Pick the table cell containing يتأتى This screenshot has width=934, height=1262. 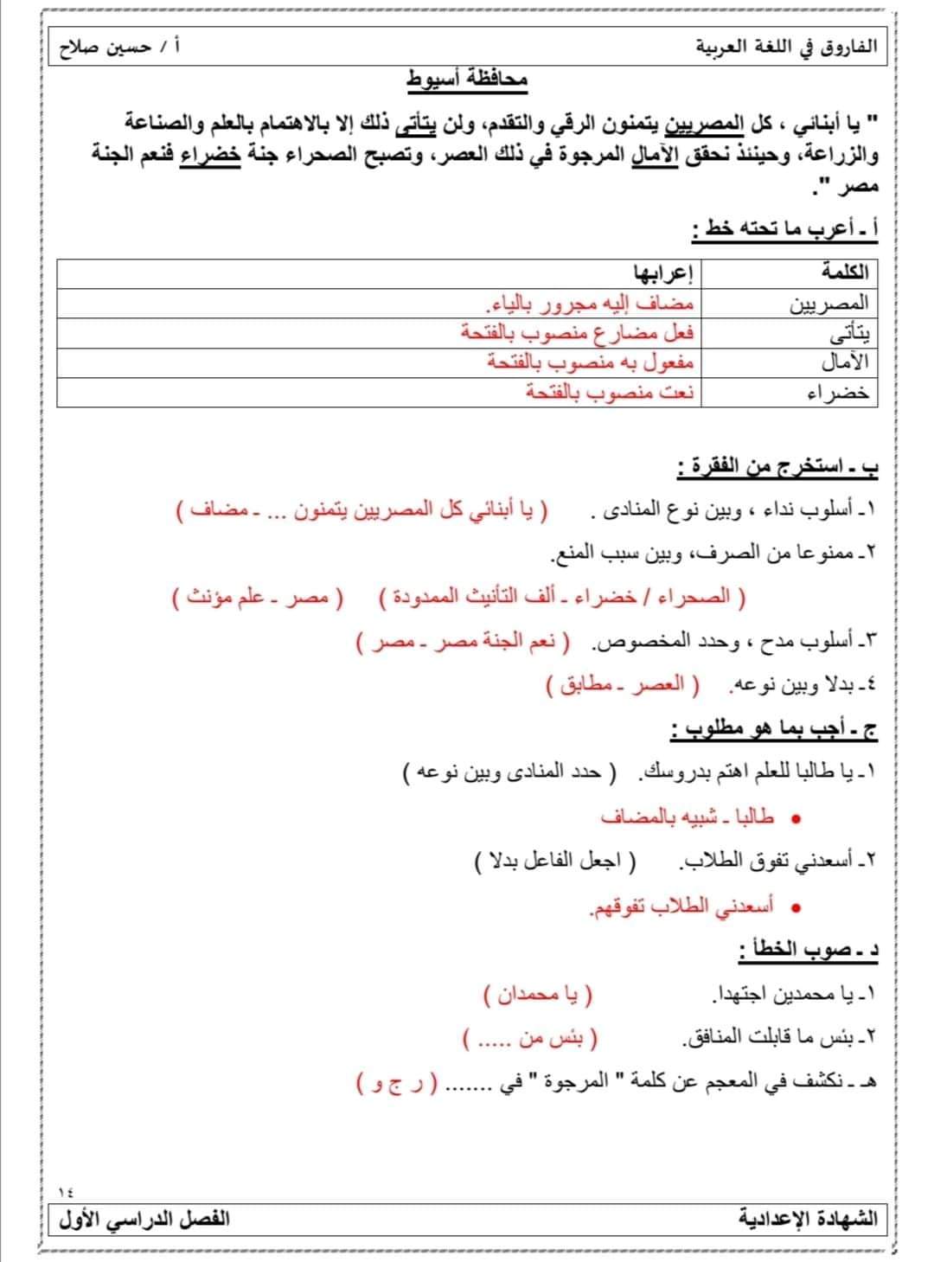point(843,333)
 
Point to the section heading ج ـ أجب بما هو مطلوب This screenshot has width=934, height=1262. point(773,731)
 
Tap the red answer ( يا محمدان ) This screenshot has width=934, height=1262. point(539,996)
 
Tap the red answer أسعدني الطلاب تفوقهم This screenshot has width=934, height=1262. point(683,906)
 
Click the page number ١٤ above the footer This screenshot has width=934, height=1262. point(66,1191)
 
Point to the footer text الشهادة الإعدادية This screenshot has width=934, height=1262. point(808,1220)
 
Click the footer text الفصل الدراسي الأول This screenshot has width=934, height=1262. point(144,1220)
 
